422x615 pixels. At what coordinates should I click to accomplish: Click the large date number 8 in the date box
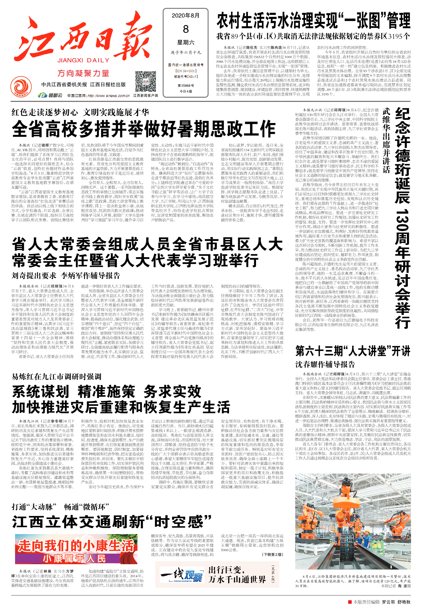(x=186, y=29)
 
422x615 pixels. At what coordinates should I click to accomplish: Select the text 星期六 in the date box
(x=186, y=42)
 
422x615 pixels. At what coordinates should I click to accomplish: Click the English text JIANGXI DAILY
(x=83, y=60)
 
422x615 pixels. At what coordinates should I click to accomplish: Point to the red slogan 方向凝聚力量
(x=83, y=73)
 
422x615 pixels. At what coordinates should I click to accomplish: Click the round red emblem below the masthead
(x=21, y=87)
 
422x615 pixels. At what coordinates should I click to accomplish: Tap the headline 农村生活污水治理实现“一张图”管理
(x=313, y=21)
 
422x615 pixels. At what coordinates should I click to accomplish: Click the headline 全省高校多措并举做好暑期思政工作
(x=144, y=129)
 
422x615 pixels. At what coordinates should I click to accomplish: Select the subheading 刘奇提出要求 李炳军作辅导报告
(x=66, y=276)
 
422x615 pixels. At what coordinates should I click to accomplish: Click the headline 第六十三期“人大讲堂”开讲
(x=353, y=351)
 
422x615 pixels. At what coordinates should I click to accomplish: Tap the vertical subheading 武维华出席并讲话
(x=386, y=140)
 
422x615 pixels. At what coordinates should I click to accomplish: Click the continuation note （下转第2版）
(x=272, y=554)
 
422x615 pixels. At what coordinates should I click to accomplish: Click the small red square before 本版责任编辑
(x=350, y=602)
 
